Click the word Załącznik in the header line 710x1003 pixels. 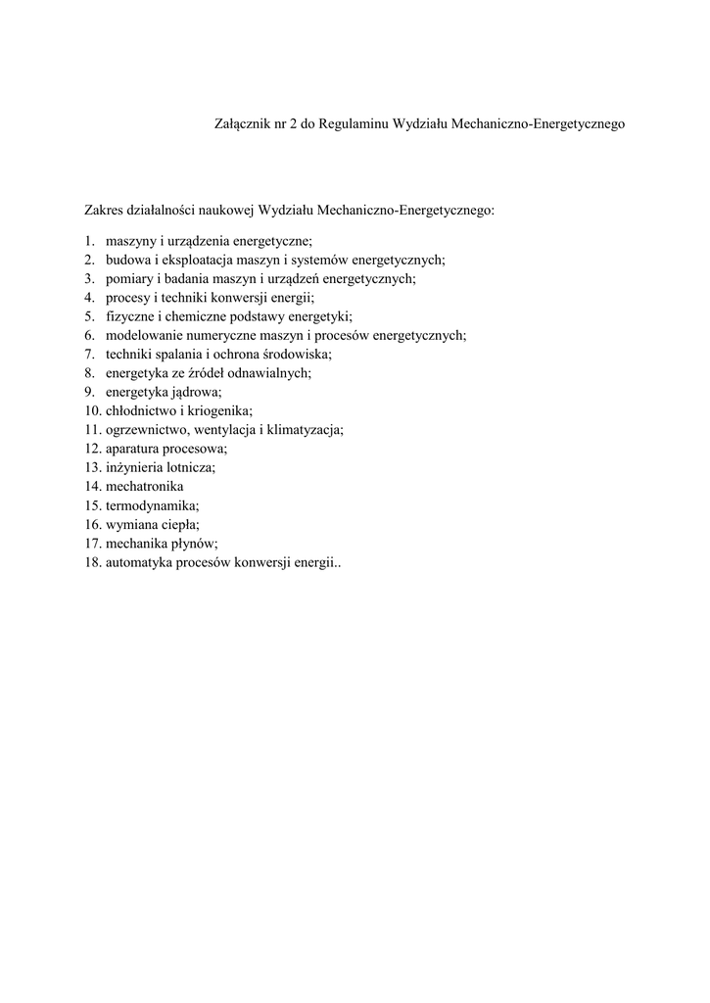click(240, 125)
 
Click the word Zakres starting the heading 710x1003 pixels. click(106, 210)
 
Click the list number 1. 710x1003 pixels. click(88, 241)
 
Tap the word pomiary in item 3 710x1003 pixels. click(126, 278)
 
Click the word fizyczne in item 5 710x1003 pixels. click(127, 316)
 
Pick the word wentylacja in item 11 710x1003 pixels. click(225, 429)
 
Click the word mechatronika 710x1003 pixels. click(144, 486)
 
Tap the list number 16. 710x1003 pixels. click(92, 524)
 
